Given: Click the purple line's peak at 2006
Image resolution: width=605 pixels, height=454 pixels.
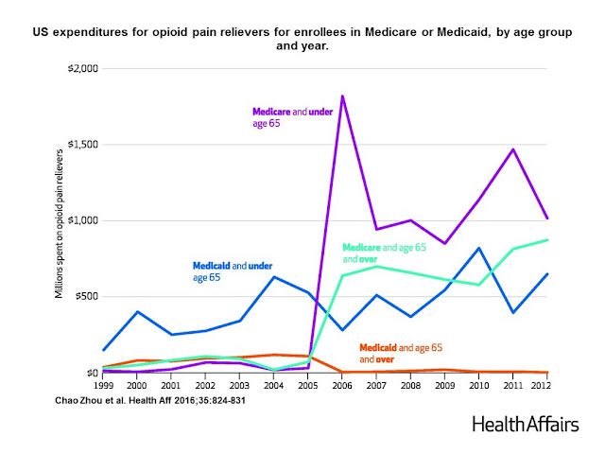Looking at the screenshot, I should click(341, 96).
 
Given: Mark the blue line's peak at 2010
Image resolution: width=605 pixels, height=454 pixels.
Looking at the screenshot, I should click(479, 248).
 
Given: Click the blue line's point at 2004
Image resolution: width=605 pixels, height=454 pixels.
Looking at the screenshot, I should click(273, 276).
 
